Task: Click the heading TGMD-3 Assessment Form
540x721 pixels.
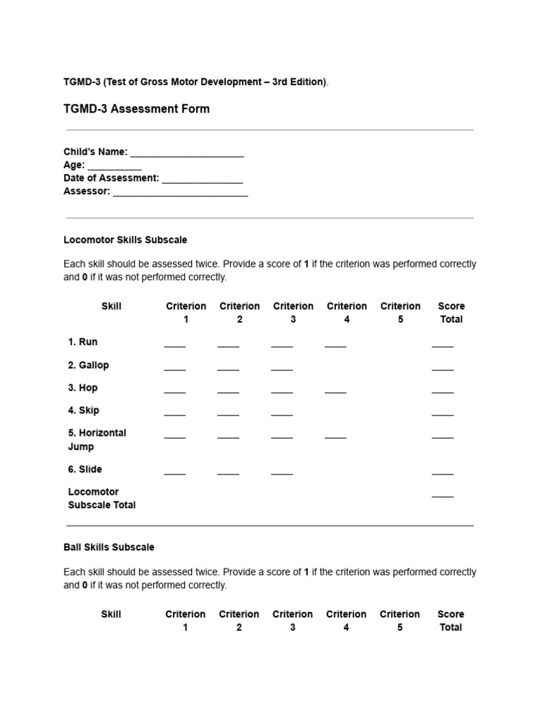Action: click(136, 109)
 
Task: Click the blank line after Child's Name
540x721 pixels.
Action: click(187, 153)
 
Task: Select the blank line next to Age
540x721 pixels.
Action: click(115, 167)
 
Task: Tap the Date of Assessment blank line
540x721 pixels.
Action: click(202, 180)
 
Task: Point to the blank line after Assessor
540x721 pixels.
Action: click(180, 193)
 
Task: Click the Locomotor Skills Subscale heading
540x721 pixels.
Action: click(125, 240)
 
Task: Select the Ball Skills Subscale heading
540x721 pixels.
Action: click(109, 547)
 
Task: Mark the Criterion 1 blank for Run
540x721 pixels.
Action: click(175, 344)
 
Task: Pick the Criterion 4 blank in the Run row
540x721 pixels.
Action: click(335, 344)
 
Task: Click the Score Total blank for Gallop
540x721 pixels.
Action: click(442, 368)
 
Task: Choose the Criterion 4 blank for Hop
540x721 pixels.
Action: click(335, 390)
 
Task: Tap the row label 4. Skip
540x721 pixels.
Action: click(84, 410)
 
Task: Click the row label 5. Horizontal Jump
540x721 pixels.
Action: click(97, 439)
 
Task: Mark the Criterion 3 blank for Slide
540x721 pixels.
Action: click(282, 472)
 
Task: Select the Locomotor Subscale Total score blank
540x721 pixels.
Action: click(442, 494)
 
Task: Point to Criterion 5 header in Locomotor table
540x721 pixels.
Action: click(400, 313)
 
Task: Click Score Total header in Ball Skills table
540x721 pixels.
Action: click(451, 620)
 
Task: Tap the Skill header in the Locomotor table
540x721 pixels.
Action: click(111, 306)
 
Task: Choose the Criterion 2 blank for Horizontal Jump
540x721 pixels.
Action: click(229, 436)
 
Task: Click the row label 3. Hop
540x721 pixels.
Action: click(83, 388)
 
